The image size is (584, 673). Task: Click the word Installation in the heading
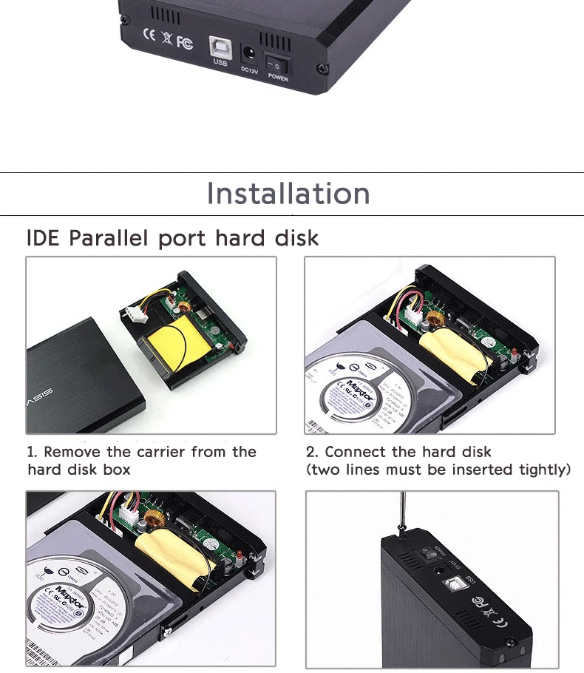288,194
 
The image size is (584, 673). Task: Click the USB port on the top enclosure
220,45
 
